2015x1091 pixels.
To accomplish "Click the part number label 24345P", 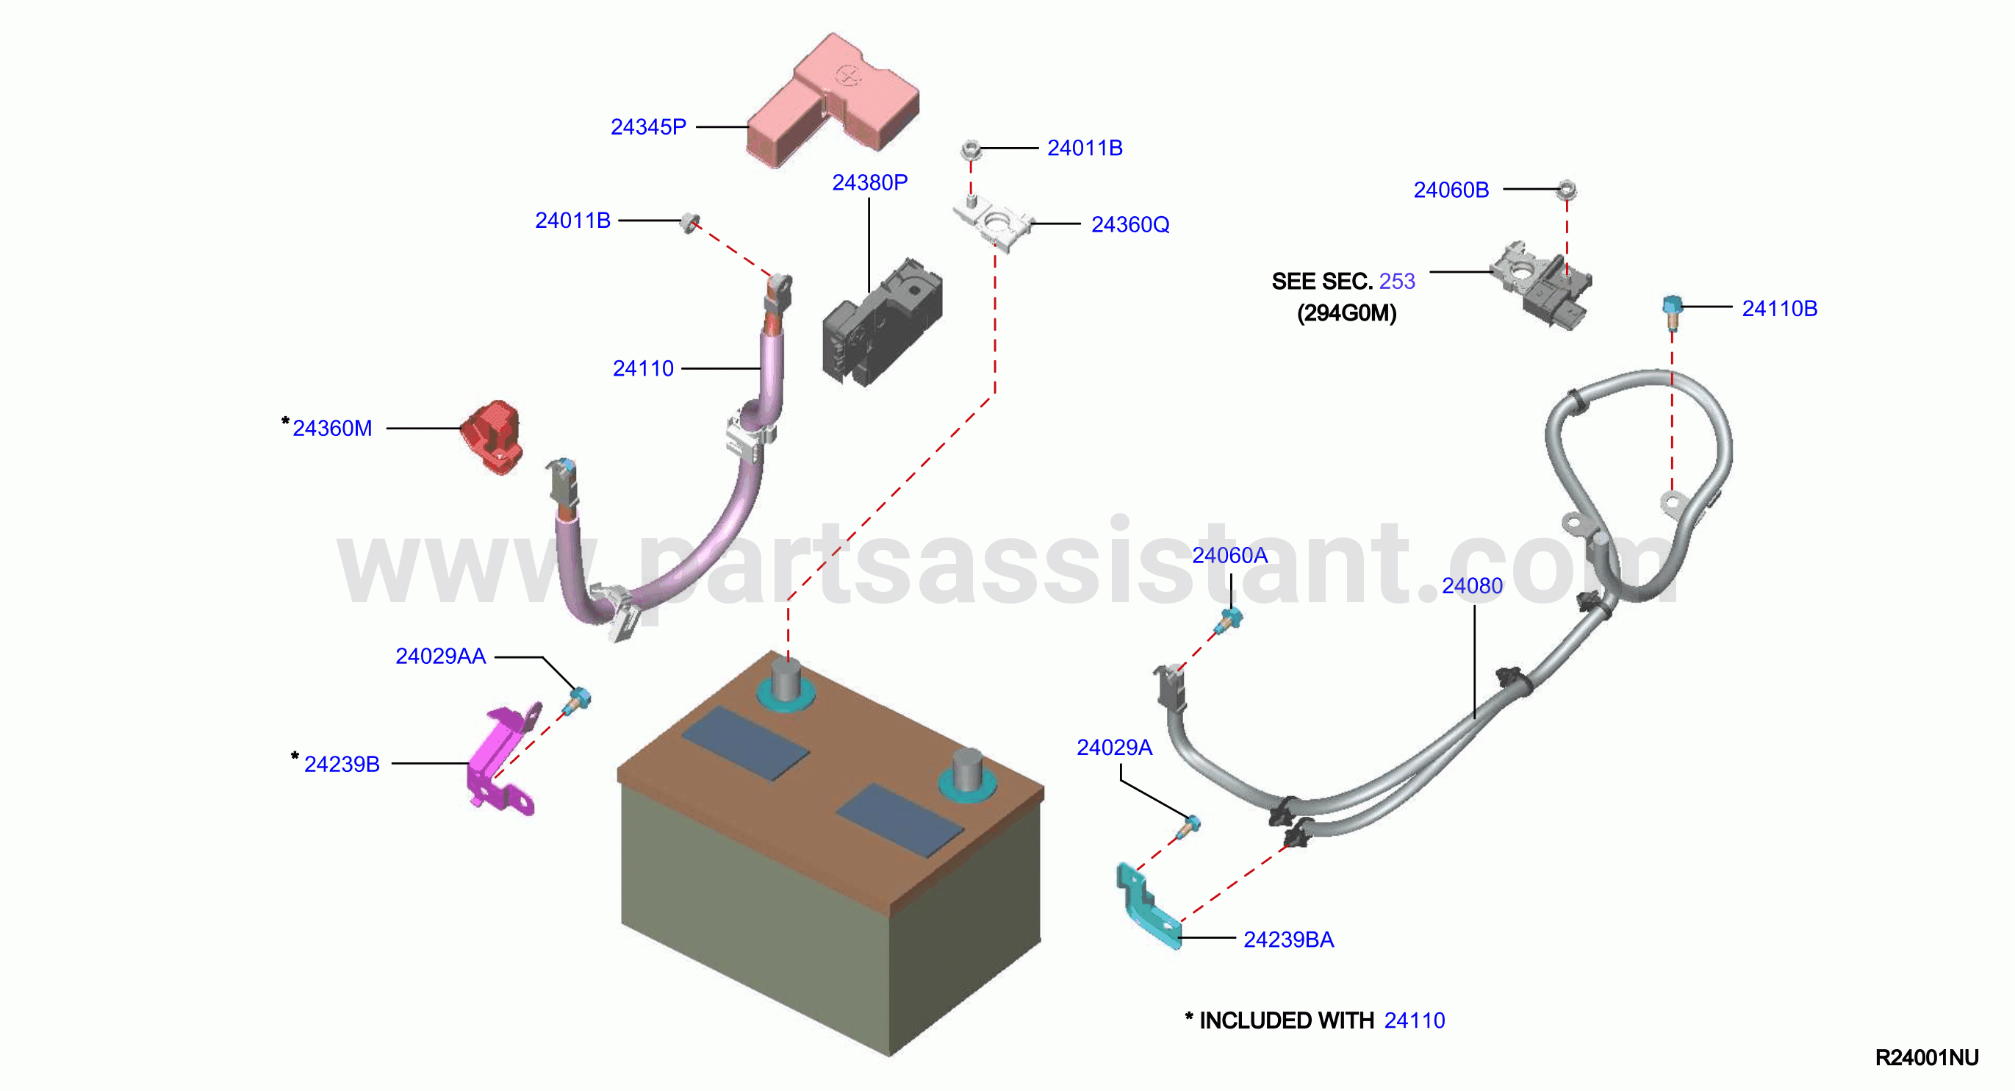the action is click(x=647, y=126).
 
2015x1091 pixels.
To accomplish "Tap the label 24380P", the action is click(x=869, y=182).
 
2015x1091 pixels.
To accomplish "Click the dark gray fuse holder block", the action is click(x=882, y=323).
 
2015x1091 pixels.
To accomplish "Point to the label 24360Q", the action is click(x=1129, y=225).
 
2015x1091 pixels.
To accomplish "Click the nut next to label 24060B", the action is click(x=1566, y=190).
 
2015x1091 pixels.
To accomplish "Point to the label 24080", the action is click(x=1472, y=586).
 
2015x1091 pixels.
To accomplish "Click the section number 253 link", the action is click(x=1397, y=281).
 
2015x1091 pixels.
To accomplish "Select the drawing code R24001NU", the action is click(x=1927, y=1058).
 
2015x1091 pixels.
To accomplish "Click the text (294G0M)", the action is click(x=1346, y=313).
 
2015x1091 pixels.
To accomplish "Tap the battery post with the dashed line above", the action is click(x=787, y=681).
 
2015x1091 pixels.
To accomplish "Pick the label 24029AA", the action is click(x=440, y=657).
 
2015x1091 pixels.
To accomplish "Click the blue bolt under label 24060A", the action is click(x=1228, y=620).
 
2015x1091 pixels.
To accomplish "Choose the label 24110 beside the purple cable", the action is click(x=643, y=368).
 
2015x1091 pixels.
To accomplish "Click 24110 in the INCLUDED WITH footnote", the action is click(x=1415, y=1020).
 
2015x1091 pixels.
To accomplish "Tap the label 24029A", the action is click(x=1114, y=748).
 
